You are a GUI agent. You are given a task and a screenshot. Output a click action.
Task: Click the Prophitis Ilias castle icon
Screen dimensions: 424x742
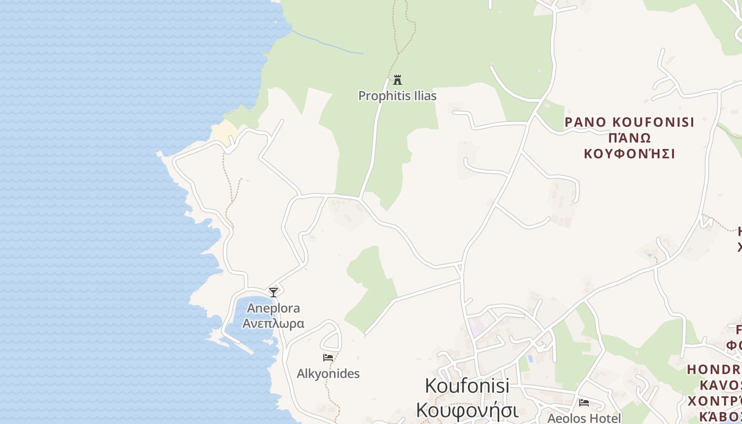pyautogui.click(x=397, y=81)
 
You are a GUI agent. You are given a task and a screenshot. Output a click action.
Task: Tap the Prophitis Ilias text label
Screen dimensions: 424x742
pyautogui.click(x=397, y=96)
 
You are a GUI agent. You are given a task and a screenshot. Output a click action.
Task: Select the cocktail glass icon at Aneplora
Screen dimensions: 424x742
pyautogui.click(x=273, y=292)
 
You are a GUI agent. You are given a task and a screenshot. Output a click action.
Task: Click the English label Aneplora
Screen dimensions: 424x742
pyautogui.click(x=273, y=308)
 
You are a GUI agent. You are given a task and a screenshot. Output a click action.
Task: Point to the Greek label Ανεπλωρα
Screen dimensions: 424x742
pyautogui.click(x=273, y=323)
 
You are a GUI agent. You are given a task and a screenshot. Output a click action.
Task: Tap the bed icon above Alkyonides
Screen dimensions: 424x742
pyautogui.click(x=328, y=358)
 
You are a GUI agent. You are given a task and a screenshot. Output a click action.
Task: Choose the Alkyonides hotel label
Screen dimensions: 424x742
pyautogui.click(x=328, y=374)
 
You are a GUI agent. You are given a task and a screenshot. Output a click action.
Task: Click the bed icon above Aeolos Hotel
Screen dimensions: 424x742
pyautogui.click(x=584, y=403)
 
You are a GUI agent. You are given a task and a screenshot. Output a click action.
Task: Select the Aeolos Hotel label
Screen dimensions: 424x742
pyautogui.click(x=584, y=418)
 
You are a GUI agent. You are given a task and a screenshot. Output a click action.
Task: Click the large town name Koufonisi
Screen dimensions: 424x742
pyautogui.click(x=467, y=386)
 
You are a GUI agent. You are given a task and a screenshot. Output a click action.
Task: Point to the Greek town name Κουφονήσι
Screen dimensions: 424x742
pyautogui.click(x=467, y=410)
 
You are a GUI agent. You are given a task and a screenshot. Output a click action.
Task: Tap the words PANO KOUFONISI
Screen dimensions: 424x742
pyautogui.click(x=629, y=122)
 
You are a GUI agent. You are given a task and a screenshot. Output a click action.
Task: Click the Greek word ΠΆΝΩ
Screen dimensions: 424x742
pyautogui.click(x=629, y=138)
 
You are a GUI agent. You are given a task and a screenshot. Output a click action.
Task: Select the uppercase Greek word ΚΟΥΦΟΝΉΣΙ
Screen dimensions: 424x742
pyautogui.click(x=629, y=154)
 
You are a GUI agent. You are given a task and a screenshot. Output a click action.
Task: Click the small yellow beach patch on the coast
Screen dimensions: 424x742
pyautogui.click(x=224, y=131)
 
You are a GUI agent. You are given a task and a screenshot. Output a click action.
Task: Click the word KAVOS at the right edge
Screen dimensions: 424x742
pyautogui.click(x=721, y=385)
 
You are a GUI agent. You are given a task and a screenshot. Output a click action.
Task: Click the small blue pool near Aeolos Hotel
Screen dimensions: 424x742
pyautogui.click(x=529, y=359)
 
